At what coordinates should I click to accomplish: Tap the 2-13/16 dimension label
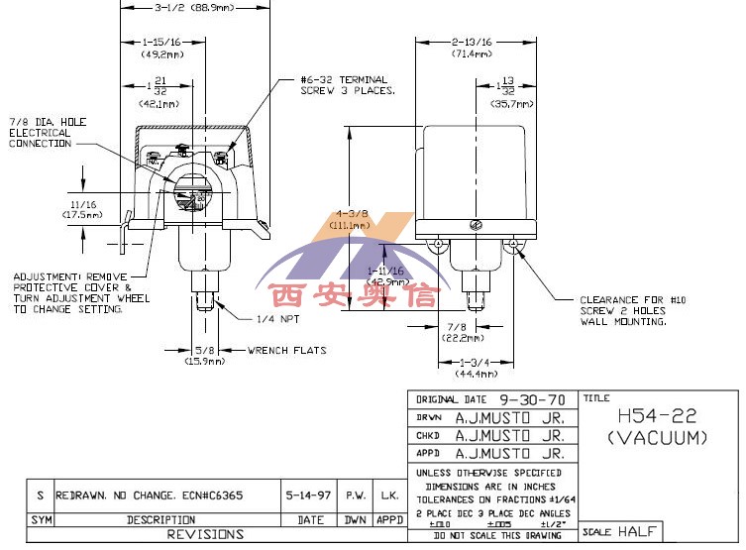pos(472,43)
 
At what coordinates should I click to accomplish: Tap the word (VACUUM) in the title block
pos(656,436)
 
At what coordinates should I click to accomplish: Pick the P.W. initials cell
pos(356,495)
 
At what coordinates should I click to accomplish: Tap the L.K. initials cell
pos(389,495)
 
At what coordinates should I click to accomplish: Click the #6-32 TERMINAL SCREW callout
pos(348,84)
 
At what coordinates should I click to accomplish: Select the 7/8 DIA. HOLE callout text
pos(48,132)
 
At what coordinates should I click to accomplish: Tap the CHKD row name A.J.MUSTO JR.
pos(509,435)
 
